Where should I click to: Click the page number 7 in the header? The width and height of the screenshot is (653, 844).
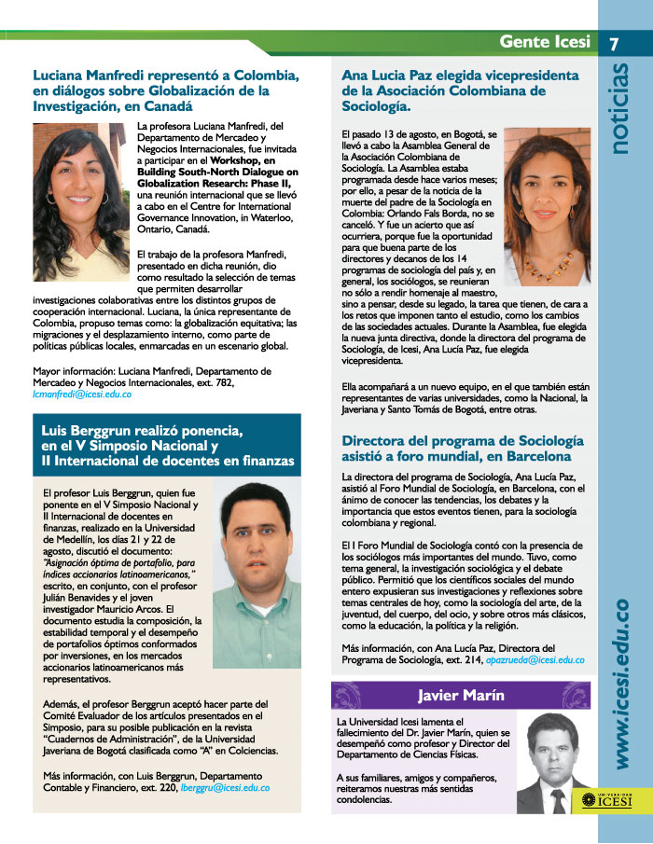[616, 43]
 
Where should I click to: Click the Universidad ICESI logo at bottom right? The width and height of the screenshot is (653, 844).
[606, 799]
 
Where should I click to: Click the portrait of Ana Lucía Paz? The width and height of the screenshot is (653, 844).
[547, 205]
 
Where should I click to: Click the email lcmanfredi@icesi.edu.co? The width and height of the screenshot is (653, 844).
[81, 394]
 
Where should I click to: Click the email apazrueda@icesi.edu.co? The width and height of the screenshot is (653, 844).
[535, 659]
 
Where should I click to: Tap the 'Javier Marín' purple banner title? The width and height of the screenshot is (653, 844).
[461, 696]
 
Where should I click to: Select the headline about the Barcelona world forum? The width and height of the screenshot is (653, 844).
[463, 448]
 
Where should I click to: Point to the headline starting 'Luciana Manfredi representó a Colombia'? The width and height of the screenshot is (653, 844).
[165, 90]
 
